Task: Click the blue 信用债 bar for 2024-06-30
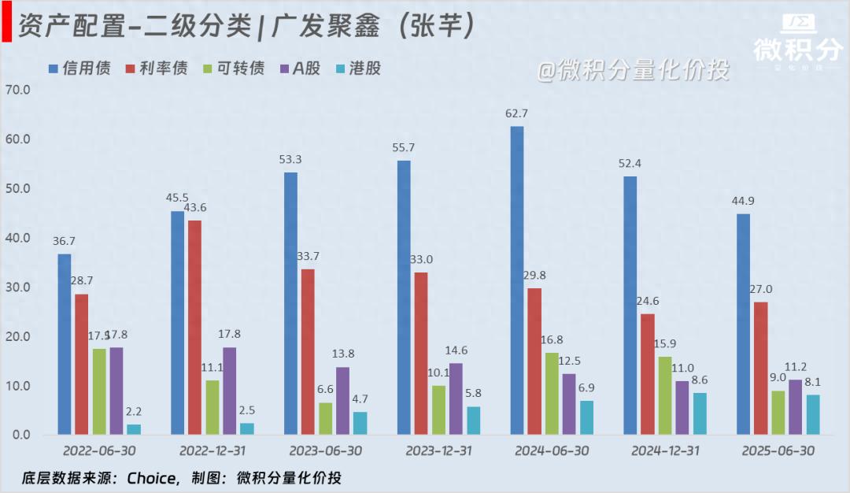[x=516, y=280]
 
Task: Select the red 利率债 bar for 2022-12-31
[x=194, y=327]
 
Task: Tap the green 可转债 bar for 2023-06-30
[x=325, y=418]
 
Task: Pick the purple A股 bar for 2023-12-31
[x=456, y=398]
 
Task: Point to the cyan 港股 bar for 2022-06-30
[x=134, y=429]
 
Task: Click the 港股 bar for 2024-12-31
[x=700, y=413]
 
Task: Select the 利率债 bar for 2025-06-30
[x=760, y=368]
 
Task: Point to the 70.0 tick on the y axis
[x=17, y=90]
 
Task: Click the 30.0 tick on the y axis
[x=17, y=287]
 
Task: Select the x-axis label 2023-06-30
[x=325, y=451]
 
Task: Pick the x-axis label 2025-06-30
[x=778, y=451]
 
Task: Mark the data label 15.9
[x=665, y=343]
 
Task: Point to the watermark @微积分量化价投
[x=634, y=71]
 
